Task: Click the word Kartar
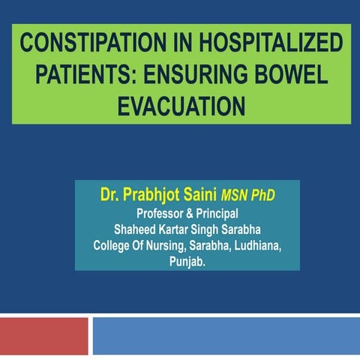(177, 229)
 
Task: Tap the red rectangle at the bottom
(43, 335)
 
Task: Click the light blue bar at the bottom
(226, 335)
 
